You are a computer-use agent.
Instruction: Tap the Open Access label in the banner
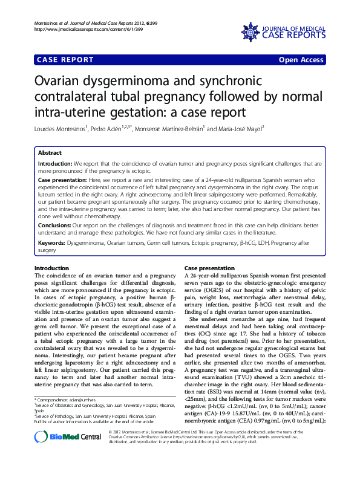[x=301, y=60]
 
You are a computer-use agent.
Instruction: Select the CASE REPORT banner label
[x=65, y=60]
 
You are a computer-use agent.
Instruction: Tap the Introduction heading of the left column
[x=52, y=267]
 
